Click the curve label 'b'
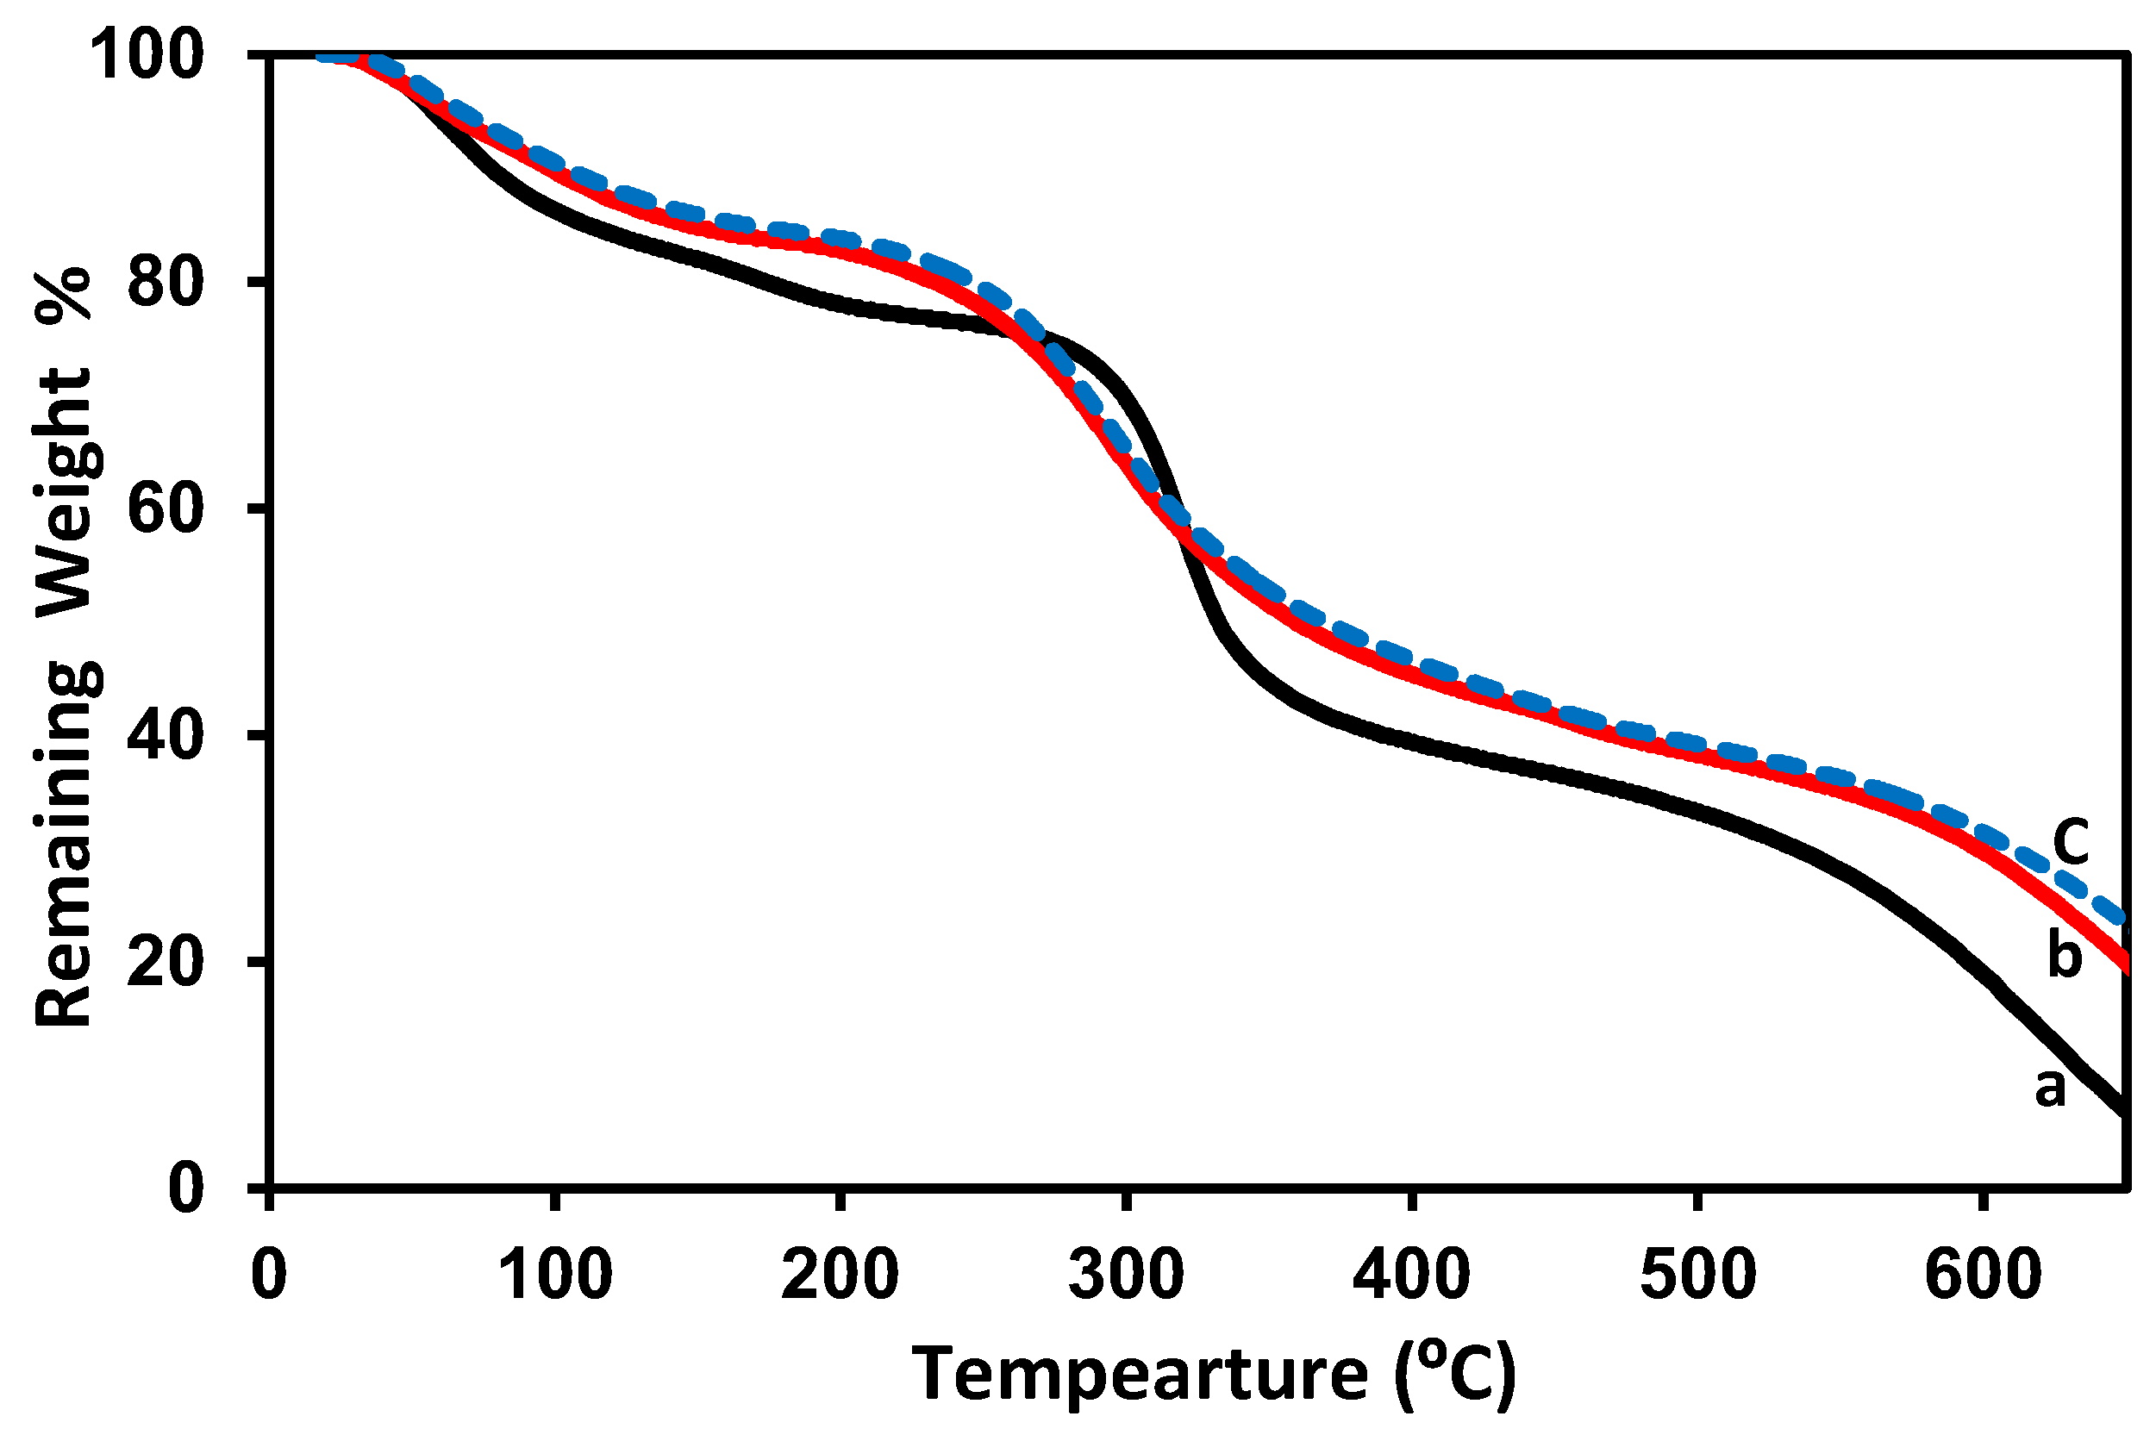coord(2064,957)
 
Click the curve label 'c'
coord(2070,840)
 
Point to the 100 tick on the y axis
coord(146,56)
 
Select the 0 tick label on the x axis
coord(269,1274)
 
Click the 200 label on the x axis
coord(840,1274)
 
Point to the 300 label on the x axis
coord(1127,1274)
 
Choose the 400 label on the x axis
coord(1412,1274)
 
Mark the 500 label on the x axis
coord(1697,1274)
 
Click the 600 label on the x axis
coord(1983,1274)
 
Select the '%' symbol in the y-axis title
coord(64,294)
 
